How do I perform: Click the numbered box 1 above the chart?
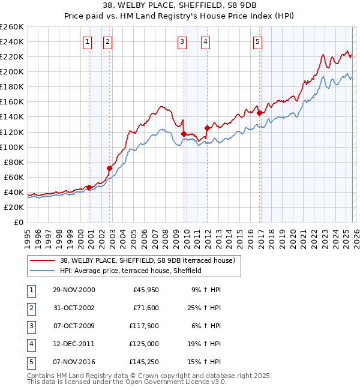tap(88, 41)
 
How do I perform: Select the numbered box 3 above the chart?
tap(182, 41)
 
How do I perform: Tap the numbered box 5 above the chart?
tap(257, 41)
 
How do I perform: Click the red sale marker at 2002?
tap(109, 168)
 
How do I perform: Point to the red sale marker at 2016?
tap(259, 113)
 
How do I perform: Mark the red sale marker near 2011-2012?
tap(207, 128)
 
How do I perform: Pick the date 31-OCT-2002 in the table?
tap(74, 307)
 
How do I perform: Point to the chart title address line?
tap(180, 7)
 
